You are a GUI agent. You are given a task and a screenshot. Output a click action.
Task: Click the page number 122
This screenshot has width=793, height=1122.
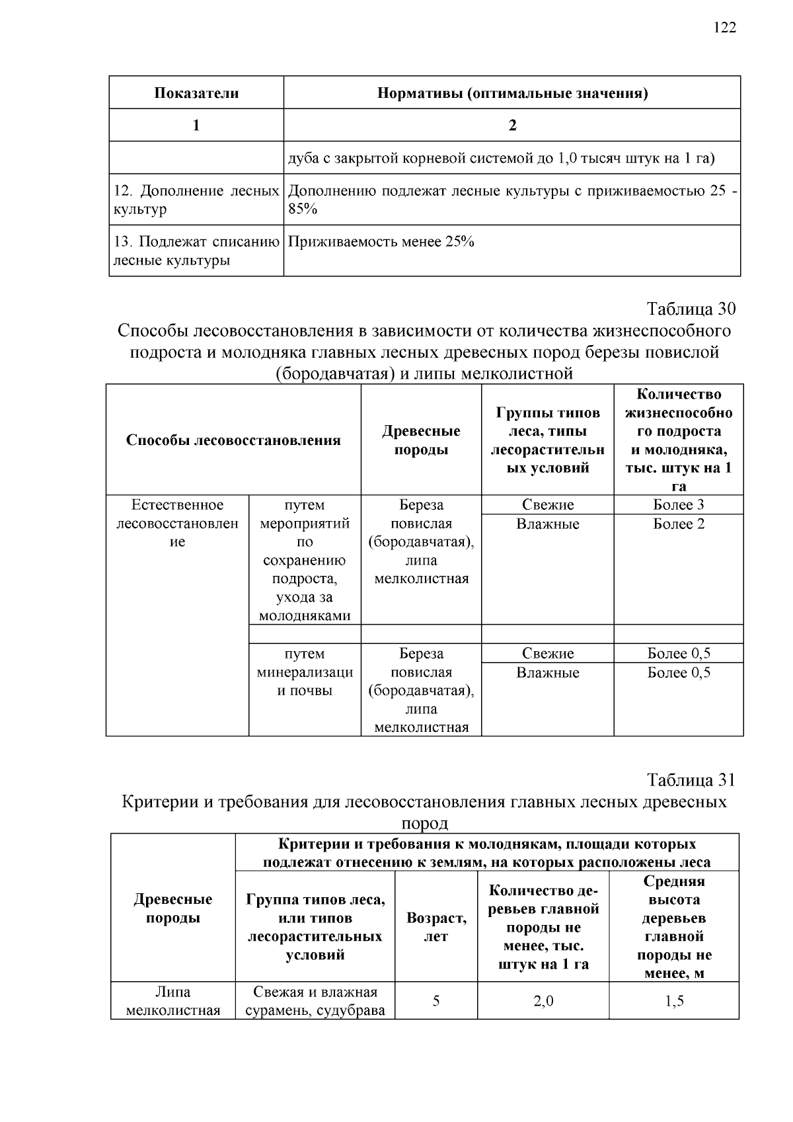(x=724, y=27)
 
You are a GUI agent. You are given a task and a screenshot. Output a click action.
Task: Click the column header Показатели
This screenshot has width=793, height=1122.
(x=196, y=93)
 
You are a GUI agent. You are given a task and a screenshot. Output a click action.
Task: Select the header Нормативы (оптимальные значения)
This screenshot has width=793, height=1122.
(x=512, y=93)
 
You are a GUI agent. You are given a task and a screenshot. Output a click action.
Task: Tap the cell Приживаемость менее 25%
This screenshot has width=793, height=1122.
(x=381, y=242)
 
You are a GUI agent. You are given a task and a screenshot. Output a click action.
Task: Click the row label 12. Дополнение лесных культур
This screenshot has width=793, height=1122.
(x=196, y=200)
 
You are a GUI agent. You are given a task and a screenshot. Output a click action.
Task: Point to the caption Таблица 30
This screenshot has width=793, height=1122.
(x=691, y=309)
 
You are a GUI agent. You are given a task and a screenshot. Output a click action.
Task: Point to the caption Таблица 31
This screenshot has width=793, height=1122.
(x=691, y=780)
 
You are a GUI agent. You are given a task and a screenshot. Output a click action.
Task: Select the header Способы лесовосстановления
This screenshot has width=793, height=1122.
(x=233, y=440)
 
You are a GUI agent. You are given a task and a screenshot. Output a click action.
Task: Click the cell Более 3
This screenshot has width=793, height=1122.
(x=678, y=505)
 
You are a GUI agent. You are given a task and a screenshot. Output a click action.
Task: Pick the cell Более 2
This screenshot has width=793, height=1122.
(x=678, y=524)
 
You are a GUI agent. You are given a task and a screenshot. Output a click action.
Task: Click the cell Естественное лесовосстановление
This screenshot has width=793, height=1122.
(x=177, y=524)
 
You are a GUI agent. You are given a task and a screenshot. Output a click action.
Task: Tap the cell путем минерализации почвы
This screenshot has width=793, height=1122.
(x=305, y=672)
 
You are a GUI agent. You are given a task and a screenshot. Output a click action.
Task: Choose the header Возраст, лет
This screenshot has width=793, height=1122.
(x=436, y=927)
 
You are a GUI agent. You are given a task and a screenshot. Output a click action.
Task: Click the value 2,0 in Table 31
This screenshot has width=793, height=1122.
(x=543, y=1001)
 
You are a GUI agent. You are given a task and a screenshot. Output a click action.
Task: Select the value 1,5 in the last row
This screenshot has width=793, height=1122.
(x=674, y=1001)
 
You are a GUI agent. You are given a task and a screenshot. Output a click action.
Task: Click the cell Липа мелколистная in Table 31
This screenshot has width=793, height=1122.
(x=172, y=1001)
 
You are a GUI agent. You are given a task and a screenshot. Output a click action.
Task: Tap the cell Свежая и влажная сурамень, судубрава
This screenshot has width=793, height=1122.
(x=315, y=1001)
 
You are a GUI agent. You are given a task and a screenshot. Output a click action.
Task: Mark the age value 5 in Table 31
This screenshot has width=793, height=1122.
(x=436, y=1001)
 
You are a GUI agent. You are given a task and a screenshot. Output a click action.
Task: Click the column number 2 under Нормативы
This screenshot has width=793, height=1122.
(x=512, y=125)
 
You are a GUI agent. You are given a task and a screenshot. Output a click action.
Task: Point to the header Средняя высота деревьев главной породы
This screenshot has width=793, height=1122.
(x=674, y=927)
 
